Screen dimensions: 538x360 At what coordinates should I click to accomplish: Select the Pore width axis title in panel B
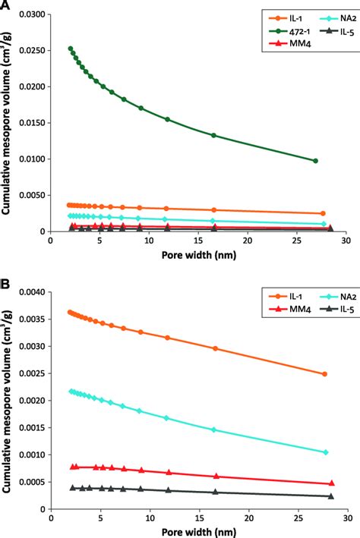tap(197, 530)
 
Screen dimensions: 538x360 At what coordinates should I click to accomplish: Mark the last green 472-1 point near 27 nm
tap(315, 161)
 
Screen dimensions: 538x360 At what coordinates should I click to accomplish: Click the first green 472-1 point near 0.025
tap(71, 49)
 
